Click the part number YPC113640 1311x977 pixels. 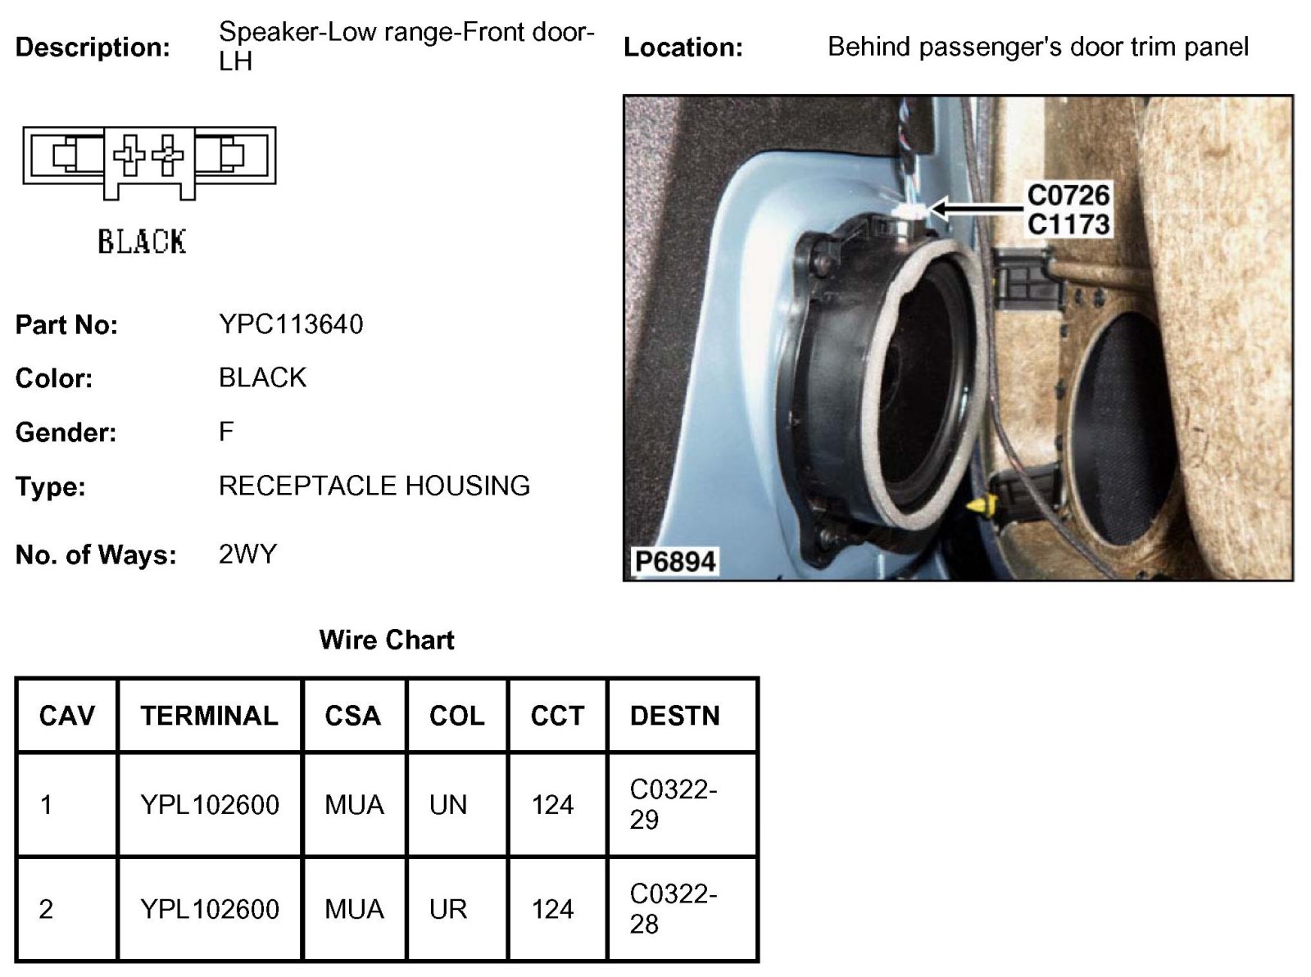291,324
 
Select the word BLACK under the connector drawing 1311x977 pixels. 142,242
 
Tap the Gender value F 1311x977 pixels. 226,432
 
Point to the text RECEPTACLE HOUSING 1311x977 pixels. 374,486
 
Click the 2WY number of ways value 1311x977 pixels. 247,554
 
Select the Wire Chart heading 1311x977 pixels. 386,640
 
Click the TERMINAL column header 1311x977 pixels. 209,716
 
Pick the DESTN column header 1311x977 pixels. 674,716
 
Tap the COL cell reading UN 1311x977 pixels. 447,805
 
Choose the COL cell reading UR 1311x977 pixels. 447,909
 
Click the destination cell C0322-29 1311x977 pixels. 673,804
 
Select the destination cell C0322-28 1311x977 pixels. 673,908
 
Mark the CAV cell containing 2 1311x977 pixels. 46,909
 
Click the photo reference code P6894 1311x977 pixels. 675,562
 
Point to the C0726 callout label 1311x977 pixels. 1068,195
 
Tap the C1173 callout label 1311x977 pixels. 1068,224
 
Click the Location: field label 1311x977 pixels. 683,47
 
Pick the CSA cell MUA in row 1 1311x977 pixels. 354,805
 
